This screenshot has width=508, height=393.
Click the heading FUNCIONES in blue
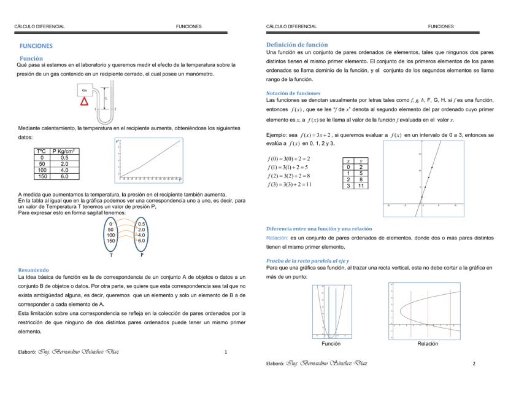pyautogui.click(x=36, y=46)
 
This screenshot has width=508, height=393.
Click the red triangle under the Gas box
pyautogui.click(x=85, y=101)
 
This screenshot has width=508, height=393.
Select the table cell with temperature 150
pyautogui.click(x=42, y=175)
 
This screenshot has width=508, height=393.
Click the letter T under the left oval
pyautogui.click(x=111, y=254)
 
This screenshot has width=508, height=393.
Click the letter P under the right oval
pyautogui.click(x=142, y=254)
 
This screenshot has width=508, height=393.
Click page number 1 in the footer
pyautogui.click(x=226, y=352)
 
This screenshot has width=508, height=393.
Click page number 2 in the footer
pyautogui.click(x=474, y=364)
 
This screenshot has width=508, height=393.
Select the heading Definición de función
pyautogui.click(x=297, y=45)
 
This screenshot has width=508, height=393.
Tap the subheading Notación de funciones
pyautogui.click(x=293, y=93)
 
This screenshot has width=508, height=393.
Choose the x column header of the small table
pyautogui.click(x=348, y=160)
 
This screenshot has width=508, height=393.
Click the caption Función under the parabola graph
pyautogui.click(x=331, y=344)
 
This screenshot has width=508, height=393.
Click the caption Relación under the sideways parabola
pyautogui.click(x=428, y=344)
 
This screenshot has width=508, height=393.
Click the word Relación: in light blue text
pyautogui.click(x=277, y=237)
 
